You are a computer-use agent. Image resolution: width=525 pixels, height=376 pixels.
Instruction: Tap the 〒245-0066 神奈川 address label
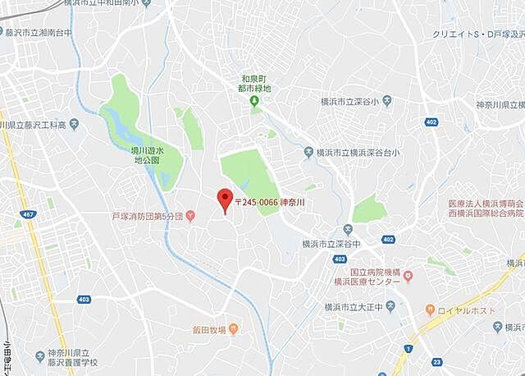(x=269, y=201)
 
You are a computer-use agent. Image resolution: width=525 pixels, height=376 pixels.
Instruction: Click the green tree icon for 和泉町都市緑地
(x=254, y=101)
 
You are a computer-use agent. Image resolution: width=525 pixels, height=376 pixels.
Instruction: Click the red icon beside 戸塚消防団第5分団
(x=190, y=217)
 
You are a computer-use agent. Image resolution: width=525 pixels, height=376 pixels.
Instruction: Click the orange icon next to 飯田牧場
(x=233, y=330)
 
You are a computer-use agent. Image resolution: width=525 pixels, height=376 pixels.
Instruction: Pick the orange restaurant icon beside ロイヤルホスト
(x=430, y=310)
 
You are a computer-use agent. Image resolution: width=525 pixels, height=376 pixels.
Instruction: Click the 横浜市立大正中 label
(x=353, y=306)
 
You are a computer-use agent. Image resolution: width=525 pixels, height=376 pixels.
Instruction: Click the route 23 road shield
(x=436, y=360)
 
